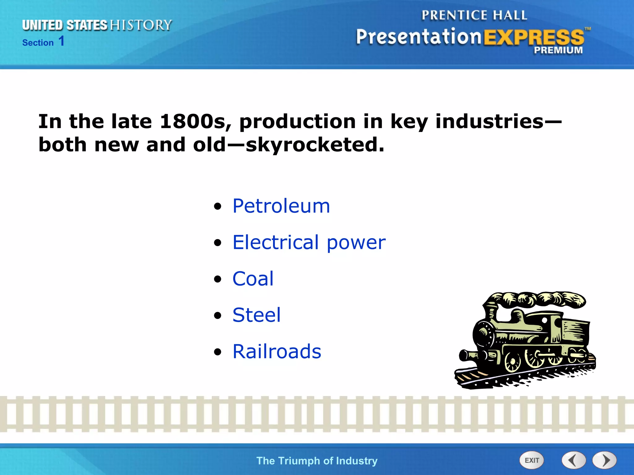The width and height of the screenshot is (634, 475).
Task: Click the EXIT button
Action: point(532,460)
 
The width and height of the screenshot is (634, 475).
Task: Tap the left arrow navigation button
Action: point(574,460)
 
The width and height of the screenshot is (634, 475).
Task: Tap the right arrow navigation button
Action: point(605,460)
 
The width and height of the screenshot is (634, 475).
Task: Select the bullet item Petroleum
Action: point(281,206)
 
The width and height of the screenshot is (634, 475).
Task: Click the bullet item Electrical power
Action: point(309,242)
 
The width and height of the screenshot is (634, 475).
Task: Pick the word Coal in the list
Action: point(253,279)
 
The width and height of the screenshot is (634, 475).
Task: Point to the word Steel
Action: point(257,315)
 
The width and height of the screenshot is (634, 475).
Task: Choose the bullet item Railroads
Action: point(277,351)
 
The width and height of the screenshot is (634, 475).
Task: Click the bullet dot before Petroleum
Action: point(218,206)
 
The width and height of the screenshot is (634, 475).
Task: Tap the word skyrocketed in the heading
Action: point(315,145)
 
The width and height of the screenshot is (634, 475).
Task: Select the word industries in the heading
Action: point(489,121)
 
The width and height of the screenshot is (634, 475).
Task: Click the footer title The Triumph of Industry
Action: point(317,461)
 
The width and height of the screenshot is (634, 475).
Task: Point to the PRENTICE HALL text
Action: point(474,15)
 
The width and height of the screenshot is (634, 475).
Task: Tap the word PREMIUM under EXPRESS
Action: point(558,50)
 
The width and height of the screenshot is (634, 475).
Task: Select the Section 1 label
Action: point(43,42)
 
